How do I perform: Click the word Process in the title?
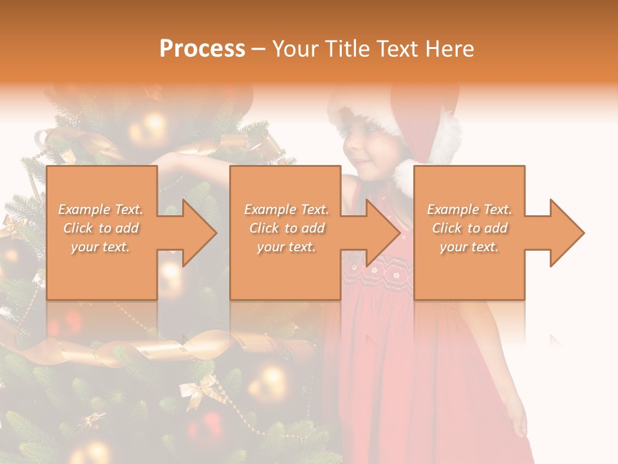click(202, 48)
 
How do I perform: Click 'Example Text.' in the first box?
click(100, 209)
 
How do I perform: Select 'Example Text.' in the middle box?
click(286, 209)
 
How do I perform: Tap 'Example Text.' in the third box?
click(469, 209)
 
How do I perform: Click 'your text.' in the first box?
click(100, 247)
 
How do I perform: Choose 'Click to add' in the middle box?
click(286, 228)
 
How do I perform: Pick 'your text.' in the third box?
click(469, 247)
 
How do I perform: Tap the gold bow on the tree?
click(199, 389)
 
